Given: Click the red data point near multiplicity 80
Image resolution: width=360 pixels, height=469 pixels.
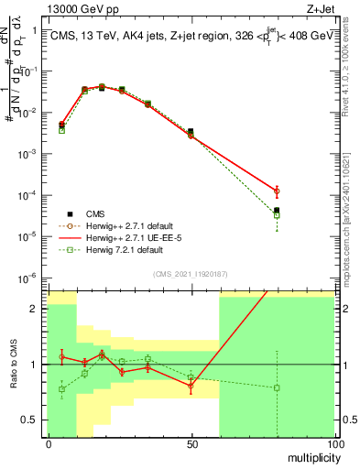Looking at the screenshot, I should (277, 191).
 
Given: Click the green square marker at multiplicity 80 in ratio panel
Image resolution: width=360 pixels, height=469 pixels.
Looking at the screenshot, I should (277, 387).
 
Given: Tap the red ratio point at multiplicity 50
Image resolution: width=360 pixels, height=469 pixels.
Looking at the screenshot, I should (191, 387).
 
